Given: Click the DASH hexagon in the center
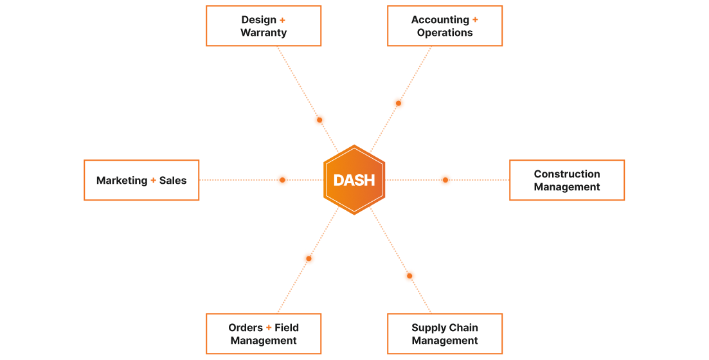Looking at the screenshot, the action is (x=354, y=180).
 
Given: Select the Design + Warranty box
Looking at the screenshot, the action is (x=264, y=26).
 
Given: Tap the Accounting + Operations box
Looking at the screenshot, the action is (x=445, y=26).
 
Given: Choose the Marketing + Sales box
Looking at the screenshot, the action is (x=141, y=180).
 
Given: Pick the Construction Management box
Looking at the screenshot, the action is (x=567, y=180).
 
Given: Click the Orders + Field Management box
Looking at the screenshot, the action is (x=264, y=334).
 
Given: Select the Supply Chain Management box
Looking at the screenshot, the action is (x=445, y=334).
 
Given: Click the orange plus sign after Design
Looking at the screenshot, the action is (x=282, y=21).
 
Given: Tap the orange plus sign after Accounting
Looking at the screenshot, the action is (x=475, y=20).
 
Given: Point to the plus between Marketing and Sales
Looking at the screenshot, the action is (x=153, y=181).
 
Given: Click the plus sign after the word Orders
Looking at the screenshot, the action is (x=269, y=328).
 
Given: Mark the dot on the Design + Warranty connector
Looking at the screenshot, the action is (x=319, y=120).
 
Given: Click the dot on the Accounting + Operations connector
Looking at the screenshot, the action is (x=399, y=103).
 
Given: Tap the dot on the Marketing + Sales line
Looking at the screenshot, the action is (x=282, y=180).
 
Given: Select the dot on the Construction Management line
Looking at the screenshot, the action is (x=445, y=180).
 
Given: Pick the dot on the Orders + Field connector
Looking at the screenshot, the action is (x=309, y=258).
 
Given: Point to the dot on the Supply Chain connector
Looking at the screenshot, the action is (x=409, y=276).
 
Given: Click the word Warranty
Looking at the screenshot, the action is (x=264, y=33).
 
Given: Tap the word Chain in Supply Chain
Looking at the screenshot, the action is (x=463, y=327).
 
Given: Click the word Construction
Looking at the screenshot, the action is (x=567, y=174).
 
